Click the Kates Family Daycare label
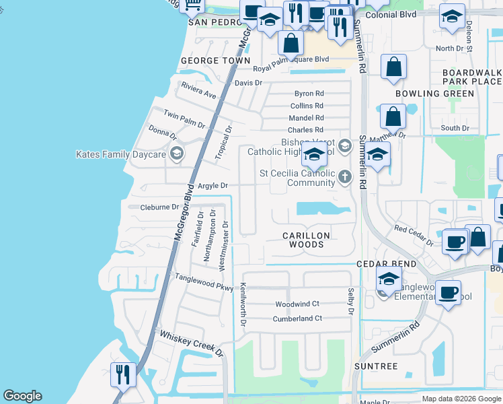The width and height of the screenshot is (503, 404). click(x=121, y=155)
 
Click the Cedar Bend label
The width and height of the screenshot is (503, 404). click(x=387, y=263)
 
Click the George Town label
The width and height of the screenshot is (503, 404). click(x=210, y=61)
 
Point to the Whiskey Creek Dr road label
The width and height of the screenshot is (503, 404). click(x=190, y=342)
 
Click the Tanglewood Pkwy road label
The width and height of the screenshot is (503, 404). click(x=204, y=282)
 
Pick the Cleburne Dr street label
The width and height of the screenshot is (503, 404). click(x=159, y=207)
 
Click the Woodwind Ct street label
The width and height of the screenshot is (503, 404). click(x=297, y=304)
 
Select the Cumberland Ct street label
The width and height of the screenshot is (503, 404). click(x=299, y=318)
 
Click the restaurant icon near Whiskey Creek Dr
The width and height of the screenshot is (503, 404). click(x=123, y=375)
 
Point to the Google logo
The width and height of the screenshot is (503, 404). click(x=22, y=396)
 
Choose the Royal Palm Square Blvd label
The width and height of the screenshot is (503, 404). click(x=291, y=59)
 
